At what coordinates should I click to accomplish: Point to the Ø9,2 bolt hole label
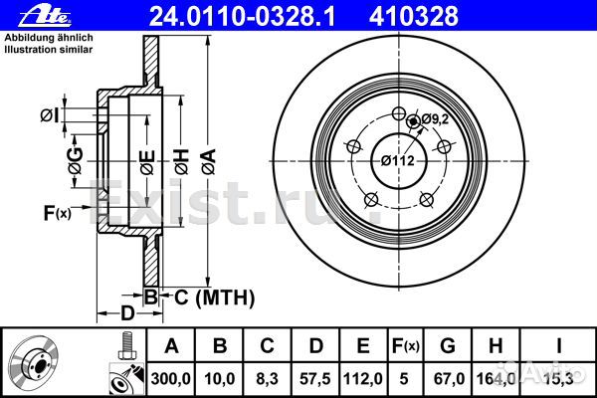click(x=432, y=119)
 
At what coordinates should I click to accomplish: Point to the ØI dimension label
click(x=50, y=116)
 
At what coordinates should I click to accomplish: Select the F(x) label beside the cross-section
click(x=57, y=212)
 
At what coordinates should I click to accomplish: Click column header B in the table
click(x=220, y=345)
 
